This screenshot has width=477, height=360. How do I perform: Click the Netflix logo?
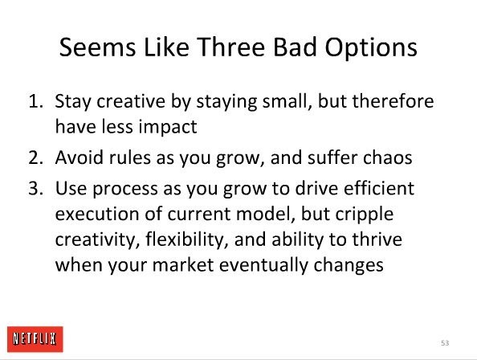pos(35,339)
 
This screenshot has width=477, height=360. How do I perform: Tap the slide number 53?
pos(445,343)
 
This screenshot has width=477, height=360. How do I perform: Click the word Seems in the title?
pos(97,47)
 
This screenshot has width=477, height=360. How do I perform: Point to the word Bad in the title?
pos(295,47)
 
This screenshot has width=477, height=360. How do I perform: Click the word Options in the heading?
pos(371,48)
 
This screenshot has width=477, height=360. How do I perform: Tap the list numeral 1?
pos(35,101)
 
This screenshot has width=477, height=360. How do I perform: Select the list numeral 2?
pos(35,157)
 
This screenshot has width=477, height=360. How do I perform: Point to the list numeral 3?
pos(35,188)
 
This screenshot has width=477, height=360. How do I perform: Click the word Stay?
pos(73,102)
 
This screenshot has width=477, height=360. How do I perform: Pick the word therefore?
pos(393,100)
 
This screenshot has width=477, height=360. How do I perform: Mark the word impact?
pos(168,127)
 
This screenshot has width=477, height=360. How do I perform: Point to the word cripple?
pos(365,215)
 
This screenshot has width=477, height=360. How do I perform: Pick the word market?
pos(182,264)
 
